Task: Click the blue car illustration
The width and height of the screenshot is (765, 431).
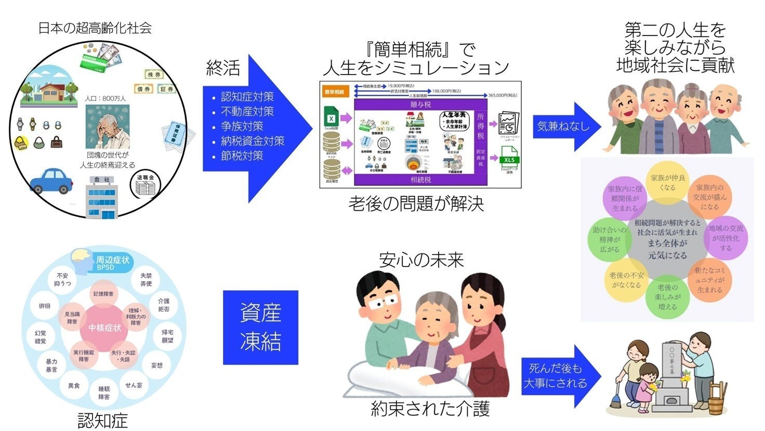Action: point(51,181)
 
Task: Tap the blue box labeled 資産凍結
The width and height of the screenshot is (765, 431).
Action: point(260,327)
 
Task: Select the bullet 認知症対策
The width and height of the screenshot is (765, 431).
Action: point(247,97)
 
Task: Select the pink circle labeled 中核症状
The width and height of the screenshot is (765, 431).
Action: point(104,327)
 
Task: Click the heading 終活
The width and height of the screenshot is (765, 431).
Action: point(223,68)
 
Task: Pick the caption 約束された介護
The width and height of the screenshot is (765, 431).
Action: point(430,409)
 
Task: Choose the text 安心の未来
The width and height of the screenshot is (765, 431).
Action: point(421,260)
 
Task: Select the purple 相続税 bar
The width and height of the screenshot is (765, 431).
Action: point(420,180)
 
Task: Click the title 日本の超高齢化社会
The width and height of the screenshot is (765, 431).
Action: point(95,28)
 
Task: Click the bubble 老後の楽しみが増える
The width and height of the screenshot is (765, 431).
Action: point(667,297)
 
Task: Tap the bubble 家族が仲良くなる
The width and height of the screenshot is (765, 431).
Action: point(667,183)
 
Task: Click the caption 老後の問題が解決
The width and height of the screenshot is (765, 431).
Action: point(416,204)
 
